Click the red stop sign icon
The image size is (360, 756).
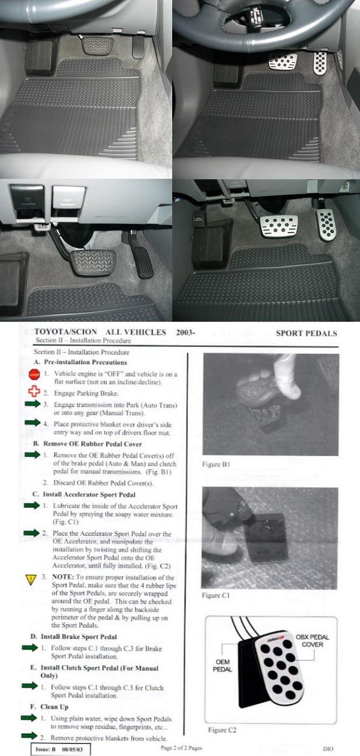click(x=34, y=374)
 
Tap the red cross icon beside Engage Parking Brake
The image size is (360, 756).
click(x=34, y=392)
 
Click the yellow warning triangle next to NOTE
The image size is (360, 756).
click(x=31, y=579)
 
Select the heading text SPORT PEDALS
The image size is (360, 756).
click(x=307, y=333)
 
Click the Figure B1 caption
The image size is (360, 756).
click(x=216, y=465)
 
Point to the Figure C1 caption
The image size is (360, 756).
click(x=215, y=595)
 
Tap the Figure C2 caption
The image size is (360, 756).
click(x=222, y=730)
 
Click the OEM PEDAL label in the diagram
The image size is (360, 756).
click(x=222, y=665)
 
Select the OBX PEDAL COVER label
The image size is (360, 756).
click(x=313, y=641)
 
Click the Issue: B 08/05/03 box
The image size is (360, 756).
click(x=60, y=749)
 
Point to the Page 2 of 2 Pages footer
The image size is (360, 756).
click(x=181, y=748)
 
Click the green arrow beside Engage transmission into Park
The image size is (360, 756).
click(x=33, y=404)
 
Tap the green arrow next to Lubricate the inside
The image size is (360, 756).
click(x=32, y=505)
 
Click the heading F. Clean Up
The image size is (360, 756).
click(x=49, y=707)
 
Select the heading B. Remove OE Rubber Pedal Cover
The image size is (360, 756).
click(x=87, y=444)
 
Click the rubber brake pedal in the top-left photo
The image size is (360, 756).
click(x=97, y=45)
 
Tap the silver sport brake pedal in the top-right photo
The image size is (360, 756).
click(x=283, y=62)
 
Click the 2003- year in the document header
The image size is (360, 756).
click(x=186, y=332)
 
